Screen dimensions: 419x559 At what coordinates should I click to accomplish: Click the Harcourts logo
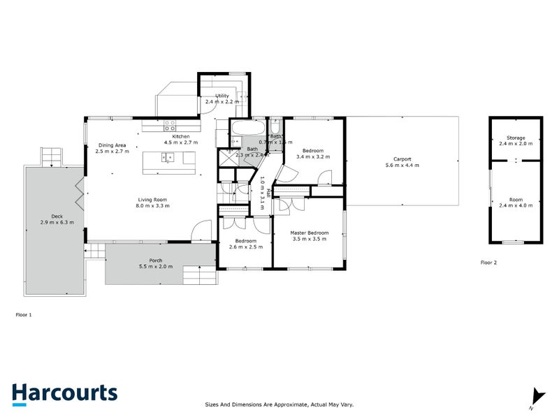[64, 393]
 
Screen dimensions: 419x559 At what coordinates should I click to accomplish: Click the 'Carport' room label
[402, 159]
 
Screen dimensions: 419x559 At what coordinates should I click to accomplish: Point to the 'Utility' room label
[222, 95]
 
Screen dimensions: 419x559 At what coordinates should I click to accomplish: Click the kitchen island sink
[168, 158]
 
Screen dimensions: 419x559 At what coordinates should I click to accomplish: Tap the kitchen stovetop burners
[170, 125]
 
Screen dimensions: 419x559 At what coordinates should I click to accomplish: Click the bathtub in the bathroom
[247, 129]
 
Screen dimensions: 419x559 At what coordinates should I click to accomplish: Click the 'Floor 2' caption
[488, 263]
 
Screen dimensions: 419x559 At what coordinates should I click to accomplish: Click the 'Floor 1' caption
[24, 315]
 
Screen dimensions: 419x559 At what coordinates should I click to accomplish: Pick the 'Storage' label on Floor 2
[516, 138]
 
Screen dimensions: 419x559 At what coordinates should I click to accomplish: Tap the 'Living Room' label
[152, 200]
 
